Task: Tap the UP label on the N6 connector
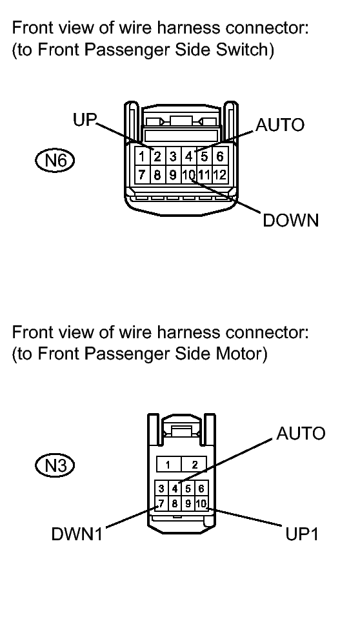point(84,120)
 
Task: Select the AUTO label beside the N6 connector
point(280,125)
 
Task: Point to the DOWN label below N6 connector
point(290,220)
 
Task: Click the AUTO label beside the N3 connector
point(301,433)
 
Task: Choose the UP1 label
point(302,535)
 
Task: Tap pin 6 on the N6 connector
point(219,156)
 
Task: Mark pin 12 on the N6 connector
point(220,174)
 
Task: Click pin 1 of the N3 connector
point(167,465)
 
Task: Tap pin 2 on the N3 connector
point(193,465)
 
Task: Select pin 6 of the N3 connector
point(201,489)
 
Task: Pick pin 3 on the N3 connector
point(161,489)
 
